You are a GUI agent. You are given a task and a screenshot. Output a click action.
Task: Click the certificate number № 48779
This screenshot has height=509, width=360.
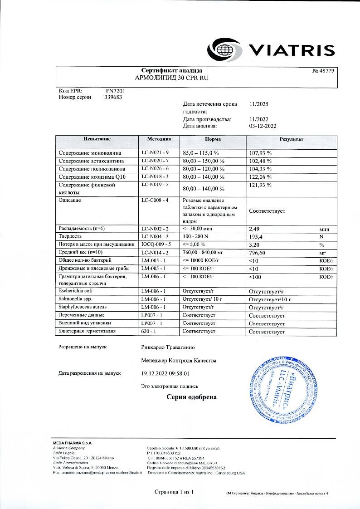pyautogui.click(x=323, y=71)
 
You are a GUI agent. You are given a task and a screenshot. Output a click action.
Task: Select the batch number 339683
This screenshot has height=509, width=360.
pyautogui.click(x=114, y=97)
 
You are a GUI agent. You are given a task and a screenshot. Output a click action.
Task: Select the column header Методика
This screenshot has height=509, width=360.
pyautogui.click(x=159, y=139)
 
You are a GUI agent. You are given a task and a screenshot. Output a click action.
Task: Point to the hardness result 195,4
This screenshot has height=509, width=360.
pyautogui.click(x=257, y=237)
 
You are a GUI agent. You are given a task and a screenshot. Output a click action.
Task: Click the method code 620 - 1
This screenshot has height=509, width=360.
pyautogui.click(x=149, y=331)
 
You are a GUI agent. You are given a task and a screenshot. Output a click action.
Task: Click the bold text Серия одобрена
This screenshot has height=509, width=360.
pyautogui.click(x=191, y=397)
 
